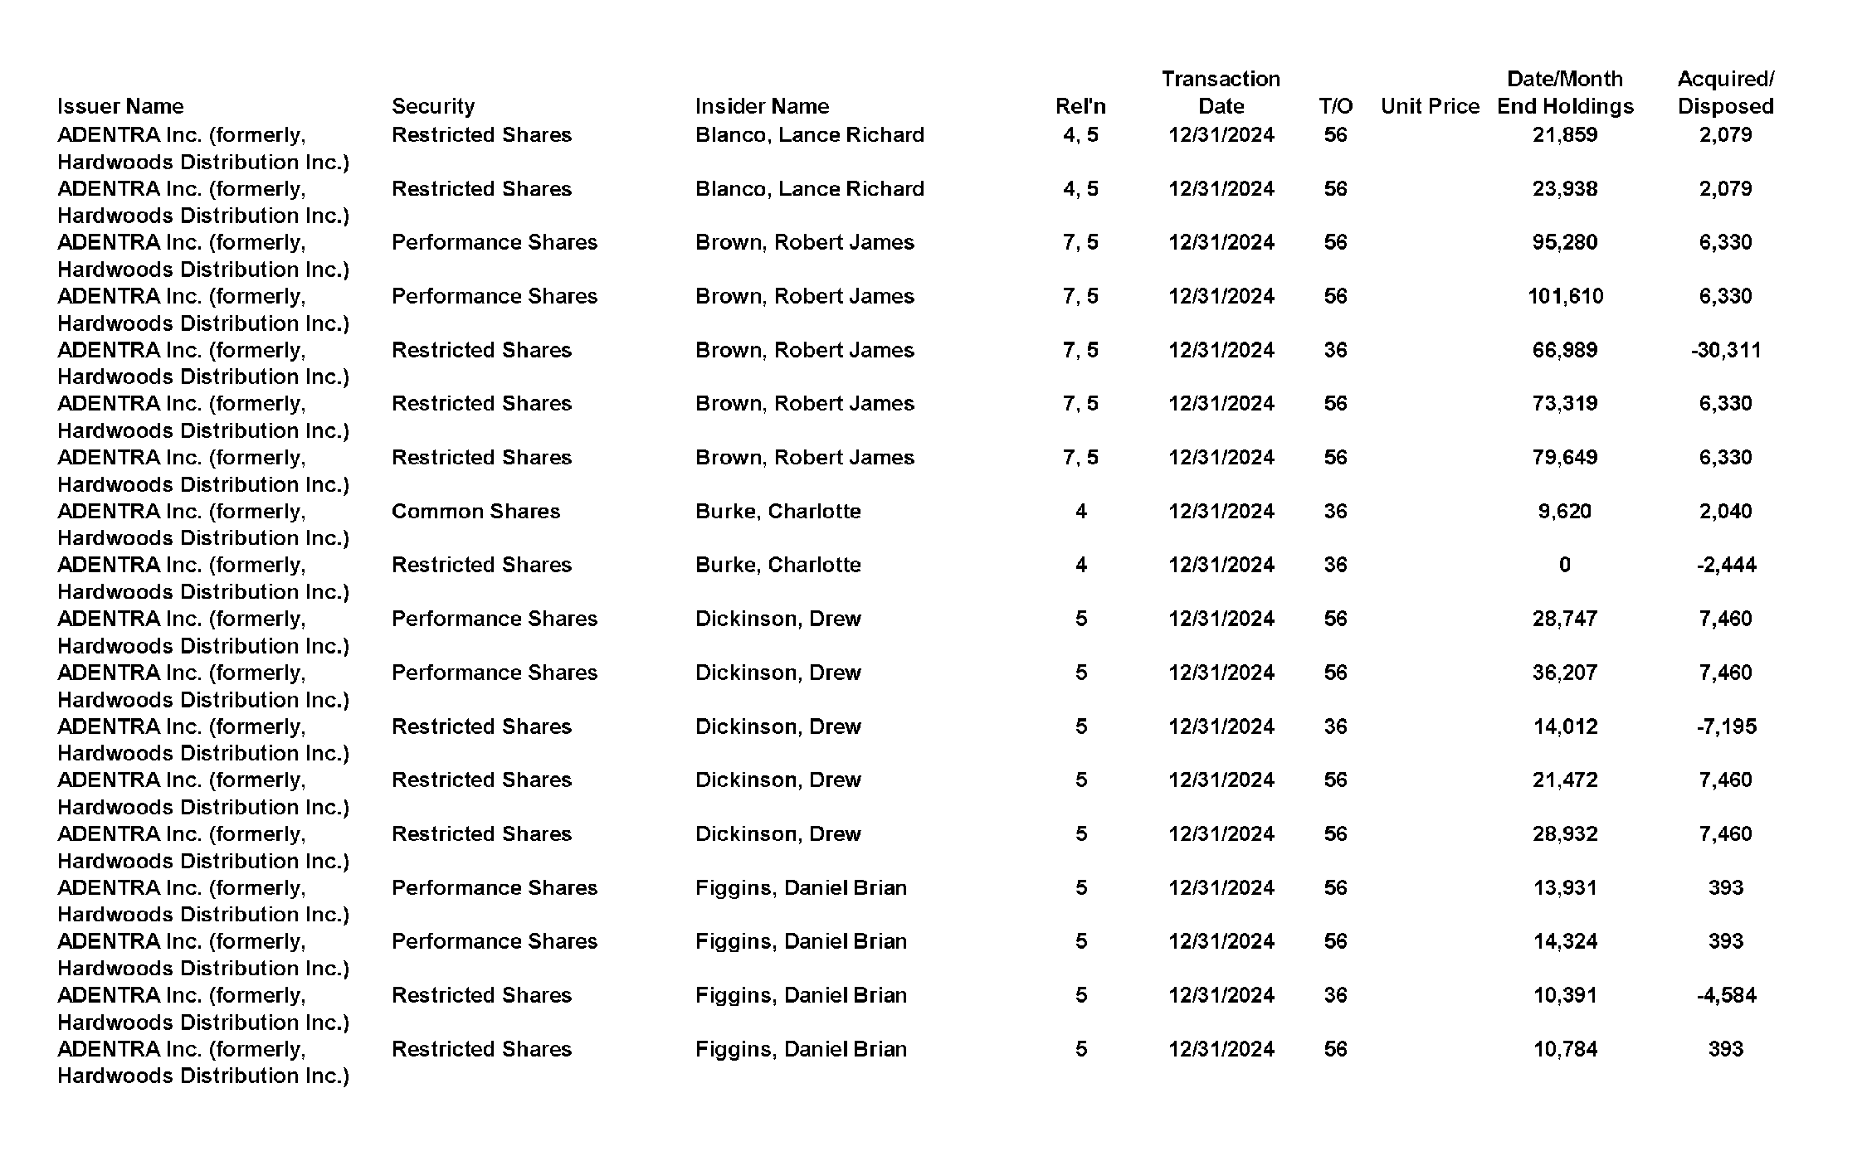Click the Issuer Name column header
tap(120, 106)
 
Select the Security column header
tap(433, 106)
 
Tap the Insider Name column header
tap(762, 106)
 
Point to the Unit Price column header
tap(1430, 106)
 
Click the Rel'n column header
tap(1080, 106)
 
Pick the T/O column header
tap(1335, 106)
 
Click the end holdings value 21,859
tap(1564, 135)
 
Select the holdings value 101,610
tap(1565, 296)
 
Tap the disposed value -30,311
tap(1725, 350)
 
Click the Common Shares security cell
tap(475, 511)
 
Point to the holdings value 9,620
tap(1564, 511)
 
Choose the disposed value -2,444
tap(1726, 565)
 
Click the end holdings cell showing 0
tap(1564, 565)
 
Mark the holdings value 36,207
tap(1564, 673)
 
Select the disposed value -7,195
tap(1726, 726)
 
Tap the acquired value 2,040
tap(1725, 511)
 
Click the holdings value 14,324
tap(1564, 941)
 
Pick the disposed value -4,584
tap(1726, 995)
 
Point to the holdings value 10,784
tap(1564, 1049)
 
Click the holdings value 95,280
tap(1564, 242)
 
